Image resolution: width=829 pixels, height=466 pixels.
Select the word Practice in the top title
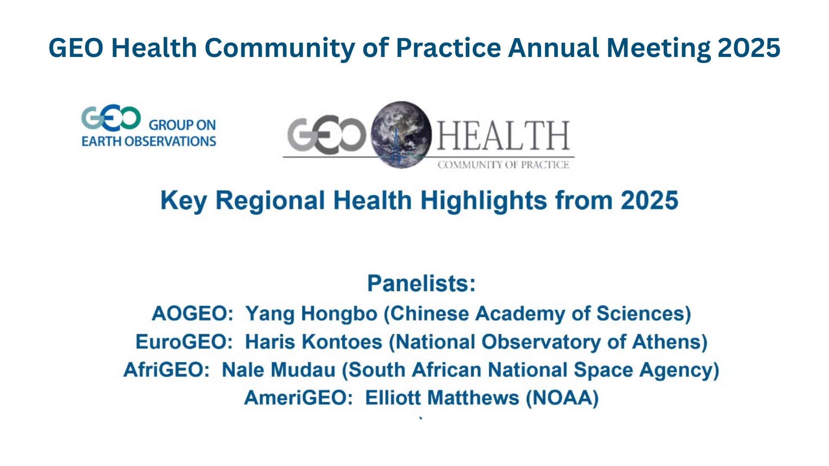coord(449,47)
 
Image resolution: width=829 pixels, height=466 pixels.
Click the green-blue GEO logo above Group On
coord(111,118)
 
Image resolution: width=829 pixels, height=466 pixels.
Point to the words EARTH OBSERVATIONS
coord(149,142)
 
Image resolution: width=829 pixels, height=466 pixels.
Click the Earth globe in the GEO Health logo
coord(402,134)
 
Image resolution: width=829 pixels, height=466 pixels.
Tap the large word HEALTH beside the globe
coord(503,135)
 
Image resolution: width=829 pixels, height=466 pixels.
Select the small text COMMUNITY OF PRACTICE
coord(503,165)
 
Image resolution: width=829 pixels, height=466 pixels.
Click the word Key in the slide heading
coord(184,201)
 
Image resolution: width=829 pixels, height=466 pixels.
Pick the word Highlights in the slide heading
coord(484,201)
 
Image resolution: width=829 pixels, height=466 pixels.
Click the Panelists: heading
coord(421,283)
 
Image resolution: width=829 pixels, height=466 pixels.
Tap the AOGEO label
coord(193,314)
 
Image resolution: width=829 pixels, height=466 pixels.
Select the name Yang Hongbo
coord(311,314)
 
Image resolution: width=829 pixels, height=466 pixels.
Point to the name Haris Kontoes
coord(313,342)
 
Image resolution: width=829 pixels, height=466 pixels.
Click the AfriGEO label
coord(167,370)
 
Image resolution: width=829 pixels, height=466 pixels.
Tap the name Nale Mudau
coord(278,370)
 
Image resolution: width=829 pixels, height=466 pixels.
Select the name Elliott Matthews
coord(442,398)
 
